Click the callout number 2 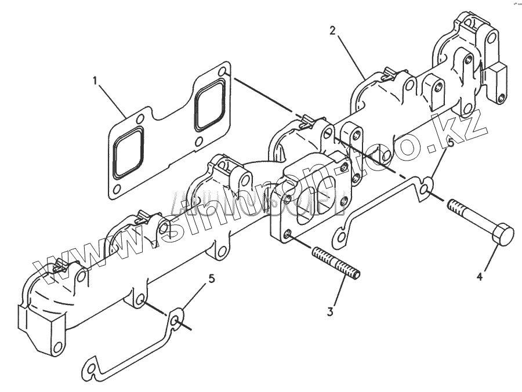click(x=332, y=31)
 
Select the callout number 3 click(x=330, y=311)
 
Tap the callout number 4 click(x=480, y=277)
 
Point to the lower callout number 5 click(x=211, y=279)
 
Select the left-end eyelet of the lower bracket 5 click(x=90, y=367)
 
